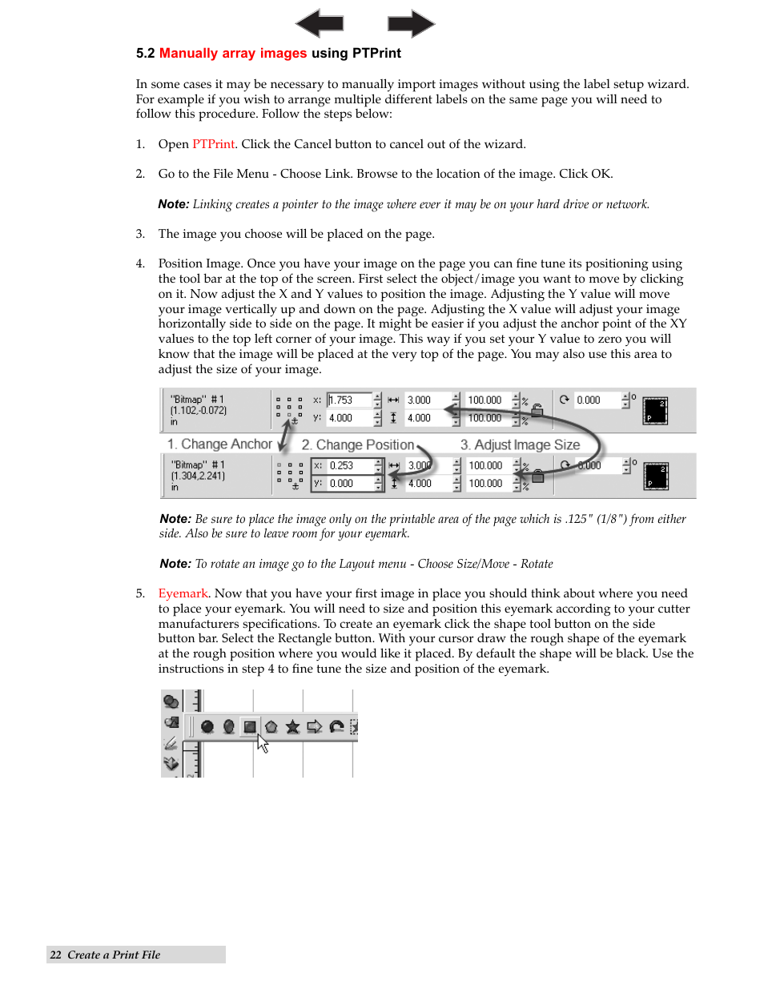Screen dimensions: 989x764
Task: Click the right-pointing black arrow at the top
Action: click(x=411, y=23)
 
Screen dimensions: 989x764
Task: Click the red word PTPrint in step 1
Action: click(x=213, y=144)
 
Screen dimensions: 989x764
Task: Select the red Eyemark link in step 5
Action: click(x=183, y=593)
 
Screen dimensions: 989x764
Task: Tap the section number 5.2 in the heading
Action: click(x=145, y=54)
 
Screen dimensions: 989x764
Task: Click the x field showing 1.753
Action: click(x=349, y=400)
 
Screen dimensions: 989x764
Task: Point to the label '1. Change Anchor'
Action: click(x=219, y=444)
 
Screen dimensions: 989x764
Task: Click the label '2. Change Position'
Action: click(x=357, y=444)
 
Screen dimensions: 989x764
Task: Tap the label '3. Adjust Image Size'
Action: click(x=520, y=444)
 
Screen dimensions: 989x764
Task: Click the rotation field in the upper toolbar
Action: click(x=596, y=400)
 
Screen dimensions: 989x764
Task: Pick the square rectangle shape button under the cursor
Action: click(x=250, y=726)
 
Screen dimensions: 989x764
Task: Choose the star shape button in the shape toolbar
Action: click(x=292, y=726)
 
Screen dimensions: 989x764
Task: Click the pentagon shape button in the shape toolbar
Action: click(x=271, y=726)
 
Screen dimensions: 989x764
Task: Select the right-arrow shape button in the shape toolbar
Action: click(x=314, y=726)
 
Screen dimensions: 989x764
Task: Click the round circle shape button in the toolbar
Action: click(x=207, y=726)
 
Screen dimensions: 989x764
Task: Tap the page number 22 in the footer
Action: click(x=55, y=955)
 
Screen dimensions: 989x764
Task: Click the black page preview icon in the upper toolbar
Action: click(x=655, y=410)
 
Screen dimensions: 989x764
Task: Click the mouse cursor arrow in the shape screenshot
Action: click(x=262, y=744)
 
